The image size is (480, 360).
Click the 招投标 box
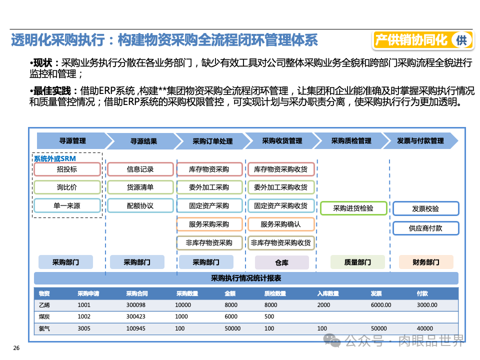pos(67,169)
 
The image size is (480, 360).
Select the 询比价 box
pos(67,187)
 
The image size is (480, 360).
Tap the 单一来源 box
pos(67,205)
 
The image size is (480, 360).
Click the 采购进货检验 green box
pos(353,208)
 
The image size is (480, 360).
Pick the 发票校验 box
pos(425,209)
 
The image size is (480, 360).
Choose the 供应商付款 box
pos(425,228)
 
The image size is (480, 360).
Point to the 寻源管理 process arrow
pos(72,141)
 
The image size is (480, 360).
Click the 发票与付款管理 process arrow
pos(420,141)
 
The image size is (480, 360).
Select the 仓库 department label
pos(282,262)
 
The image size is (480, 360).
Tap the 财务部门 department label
pos(426,262)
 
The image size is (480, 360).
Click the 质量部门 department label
pos(357,262)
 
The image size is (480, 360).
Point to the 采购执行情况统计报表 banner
pos(246,278)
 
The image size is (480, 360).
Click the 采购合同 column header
pos(137,293)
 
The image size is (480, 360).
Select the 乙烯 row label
pos(44,305)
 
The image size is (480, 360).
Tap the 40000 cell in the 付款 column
pos(425,328)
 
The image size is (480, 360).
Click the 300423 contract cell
pos(135,316)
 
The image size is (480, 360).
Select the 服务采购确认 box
pos(280,224)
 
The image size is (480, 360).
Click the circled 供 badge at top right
pos(460,40)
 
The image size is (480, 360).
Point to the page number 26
pos(16,348)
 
